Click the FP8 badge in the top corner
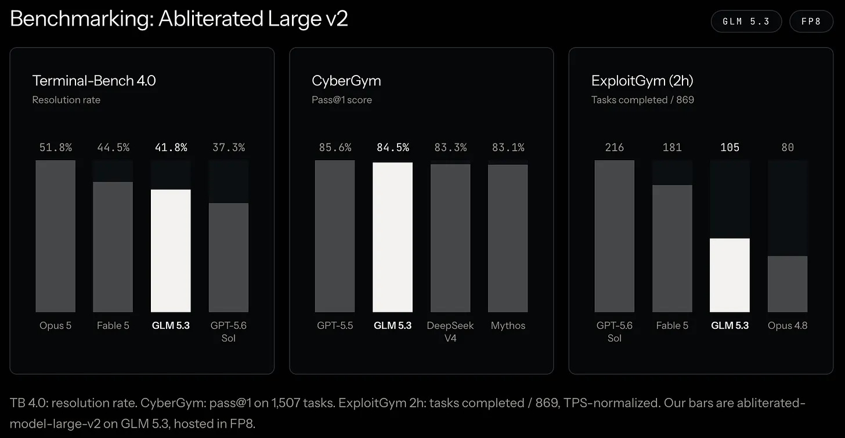(x=811, y=21)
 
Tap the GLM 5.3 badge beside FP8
(x=746, y=21)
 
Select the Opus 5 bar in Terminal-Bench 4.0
(x=56, y=236)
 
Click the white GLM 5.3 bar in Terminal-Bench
(x=171, y=251)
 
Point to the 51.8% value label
(x=56, y=148)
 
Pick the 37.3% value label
(x=229, y=148)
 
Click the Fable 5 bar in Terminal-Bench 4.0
(x=113, y=247)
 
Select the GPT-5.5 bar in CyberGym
(x=335, y=236)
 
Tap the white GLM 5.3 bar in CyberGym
(x=393, y=238)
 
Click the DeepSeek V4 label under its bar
(x=450, y=332)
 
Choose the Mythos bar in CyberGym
(x=508, y=238)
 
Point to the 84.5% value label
(x=393, y=148)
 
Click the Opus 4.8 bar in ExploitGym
(x=788, y=284)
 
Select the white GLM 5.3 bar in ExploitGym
(x=730, y=275)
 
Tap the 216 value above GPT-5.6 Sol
(x=615, y=148)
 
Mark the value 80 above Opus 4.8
(x=788, y=148)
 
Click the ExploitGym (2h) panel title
(x=642, y=81)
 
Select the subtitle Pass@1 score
(x=342, y=100)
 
